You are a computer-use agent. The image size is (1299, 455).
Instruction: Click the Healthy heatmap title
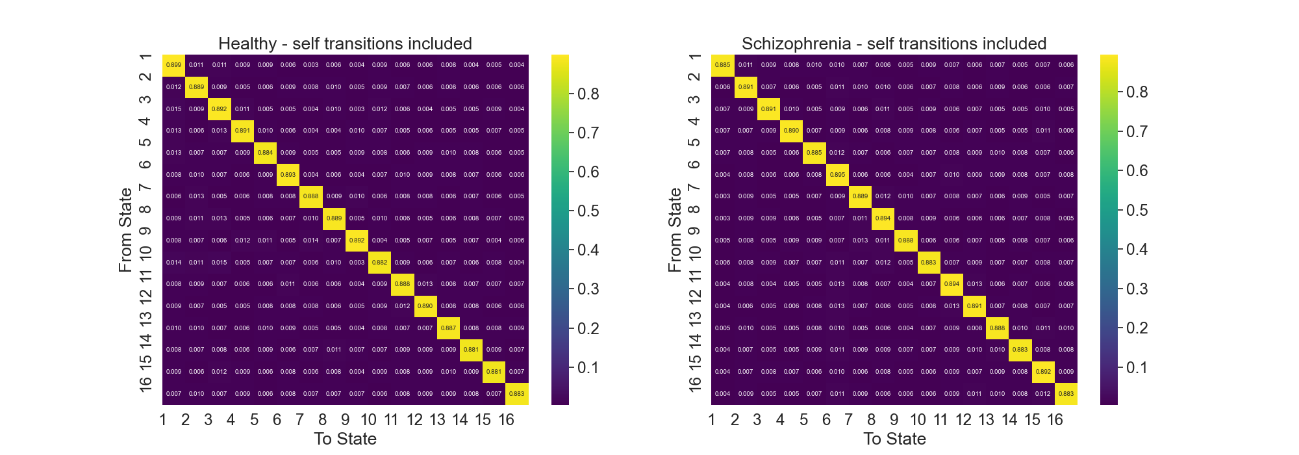coord(345,44)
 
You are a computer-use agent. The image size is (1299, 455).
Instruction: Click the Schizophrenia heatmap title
coord(894,44)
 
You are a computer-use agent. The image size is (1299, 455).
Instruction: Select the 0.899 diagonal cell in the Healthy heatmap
coord(173,65)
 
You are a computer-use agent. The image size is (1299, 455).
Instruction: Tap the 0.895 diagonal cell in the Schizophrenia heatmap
coord(837,174)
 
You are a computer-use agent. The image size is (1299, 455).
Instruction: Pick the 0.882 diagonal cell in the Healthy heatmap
coord(379,262)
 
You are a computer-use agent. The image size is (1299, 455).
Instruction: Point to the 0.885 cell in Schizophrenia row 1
coord(722,65)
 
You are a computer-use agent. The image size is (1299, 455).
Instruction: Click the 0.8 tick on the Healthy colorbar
coord(588,94)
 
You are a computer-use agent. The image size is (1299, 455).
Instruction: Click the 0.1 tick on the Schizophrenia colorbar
coord(1137,368)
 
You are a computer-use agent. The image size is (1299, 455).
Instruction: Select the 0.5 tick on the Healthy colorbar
coord(588,211)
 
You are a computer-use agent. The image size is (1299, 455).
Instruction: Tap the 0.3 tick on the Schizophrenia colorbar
coord(1137,289)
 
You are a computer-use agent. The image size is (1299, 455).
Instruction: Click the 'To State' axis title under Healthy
coord(345,439)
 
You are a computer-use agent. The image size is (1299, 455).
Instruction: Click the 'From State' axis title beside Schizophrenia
coord(675,229)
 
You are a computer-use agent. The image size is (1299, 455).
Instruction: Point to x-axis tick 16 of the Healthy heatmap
coord(506,420)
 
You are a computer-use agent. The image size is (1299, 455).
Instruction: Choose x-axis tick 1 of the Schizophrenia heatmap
coord(712,420)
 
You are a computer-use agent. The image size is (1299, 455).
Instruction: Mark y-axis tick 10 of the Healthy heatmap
coord(145,252)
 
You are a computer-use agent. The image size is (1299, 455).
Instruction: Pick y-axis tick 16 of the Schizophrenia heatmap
coord(694,383)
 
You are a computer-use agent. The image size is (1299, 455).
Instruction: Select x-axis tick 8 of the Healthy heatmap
coord(323,420)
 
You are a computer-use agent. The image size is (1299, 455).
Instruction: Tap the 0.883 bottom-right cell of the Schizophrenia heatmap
coord(1066,393)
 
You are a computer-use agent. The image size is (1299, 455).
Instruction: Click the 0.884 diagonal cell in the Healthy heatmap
coord(265,153)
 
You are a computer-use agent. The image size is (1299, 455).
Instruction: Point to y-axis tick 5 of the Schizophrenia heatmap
coord(694,142)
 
